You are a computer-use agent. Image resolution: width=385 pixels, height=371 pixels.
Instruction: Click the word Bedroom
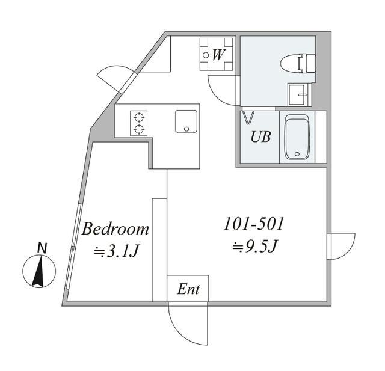[x=115, y=229]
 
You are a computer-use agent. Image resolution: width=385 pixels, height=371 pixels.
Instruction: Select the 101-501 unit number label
[x=253, y=225]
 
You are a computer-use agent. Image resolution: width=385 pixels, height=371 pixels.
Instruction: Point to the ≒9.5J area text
[x=253, y=247]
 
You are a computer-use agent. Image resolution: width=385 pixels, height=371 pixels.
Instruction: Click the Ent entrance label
[x=188, y=290]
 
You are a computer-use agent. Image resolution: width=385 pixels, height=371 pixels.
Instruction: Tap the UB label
[x=260, y=136]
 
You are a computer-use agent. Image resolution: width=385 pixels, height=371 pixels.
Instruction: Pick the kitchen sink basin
[x=186, y=121]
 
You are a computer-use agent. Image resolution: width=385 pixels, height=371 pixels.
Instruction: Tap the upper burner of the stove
[x=140, y=117]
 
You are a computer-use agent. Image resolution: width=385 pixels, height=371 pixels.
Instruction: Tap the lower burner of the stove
[x=140, y=129]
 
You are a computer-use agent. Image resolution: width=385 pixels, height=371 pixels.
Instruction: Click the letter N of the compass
[x=42, y=247]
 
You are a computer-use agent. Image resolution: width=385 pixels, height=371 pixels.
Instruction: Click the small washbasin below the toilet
[x=297, y=94]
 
